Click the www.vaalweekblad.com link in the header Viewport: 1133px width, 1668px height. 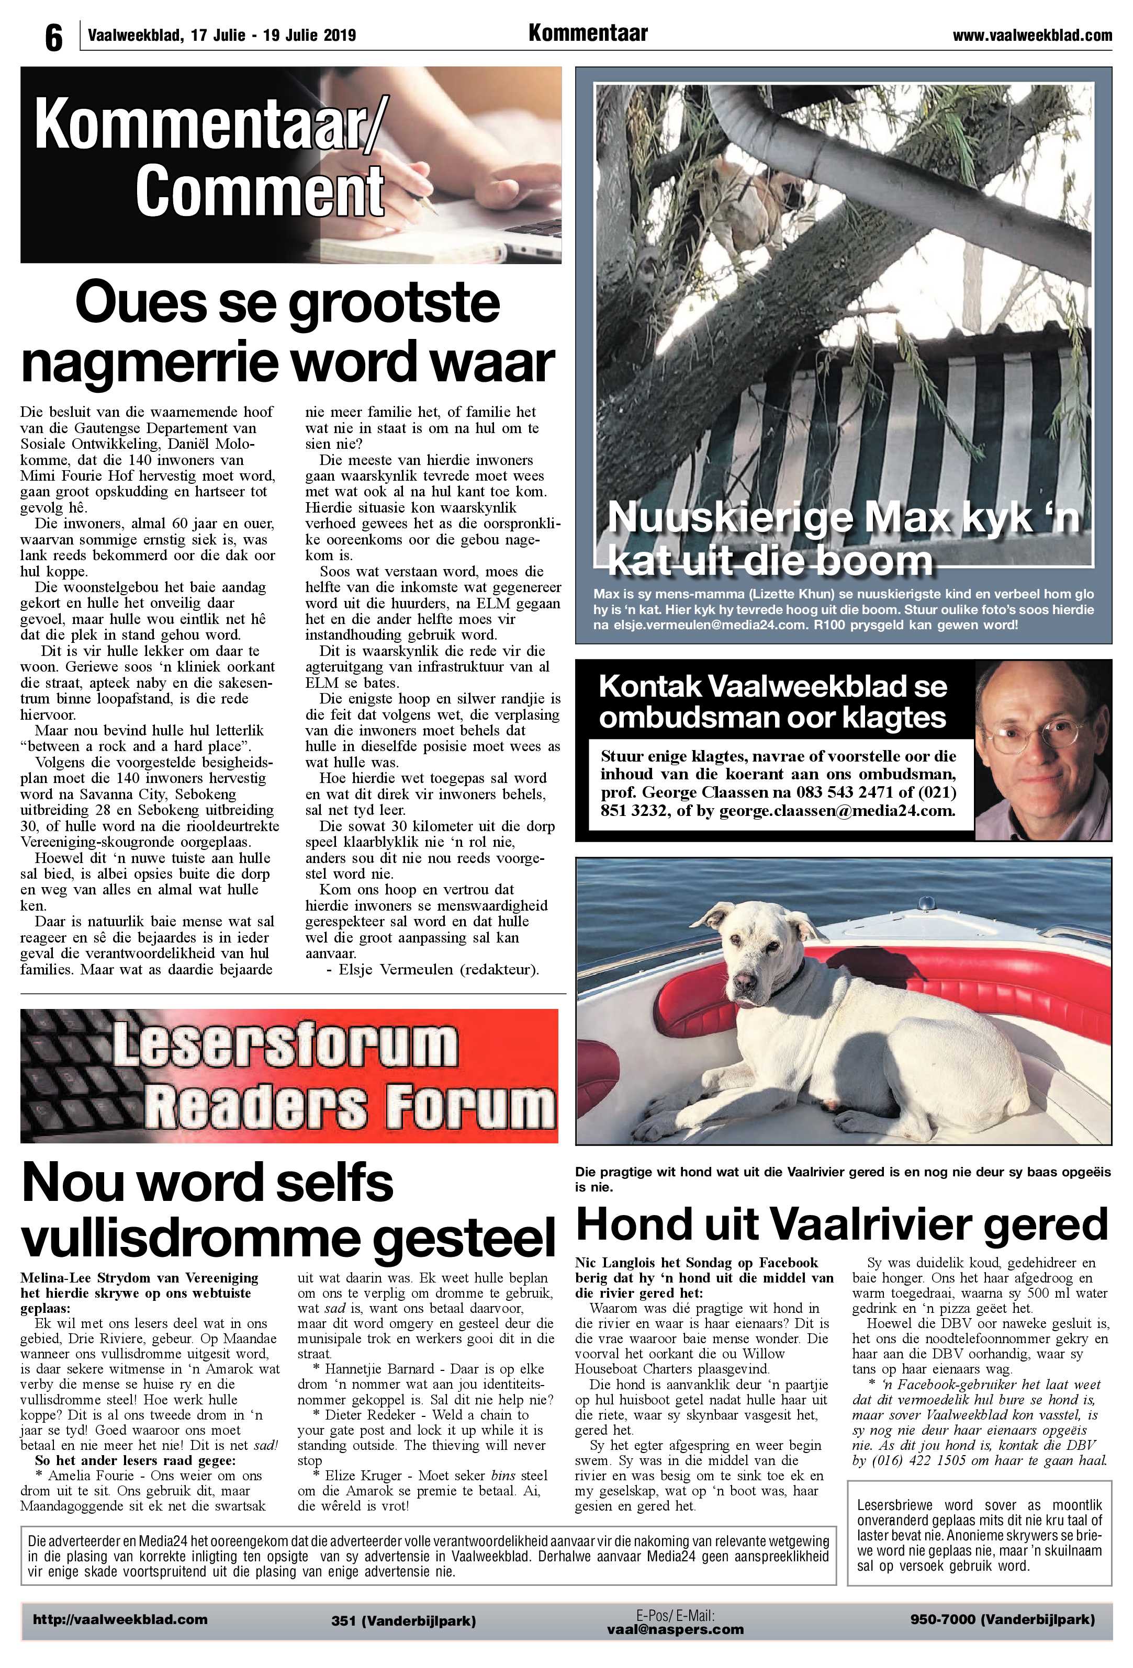click(1032, 35)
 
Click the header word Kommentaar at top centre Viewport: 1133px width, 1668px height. click(587, 33)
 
